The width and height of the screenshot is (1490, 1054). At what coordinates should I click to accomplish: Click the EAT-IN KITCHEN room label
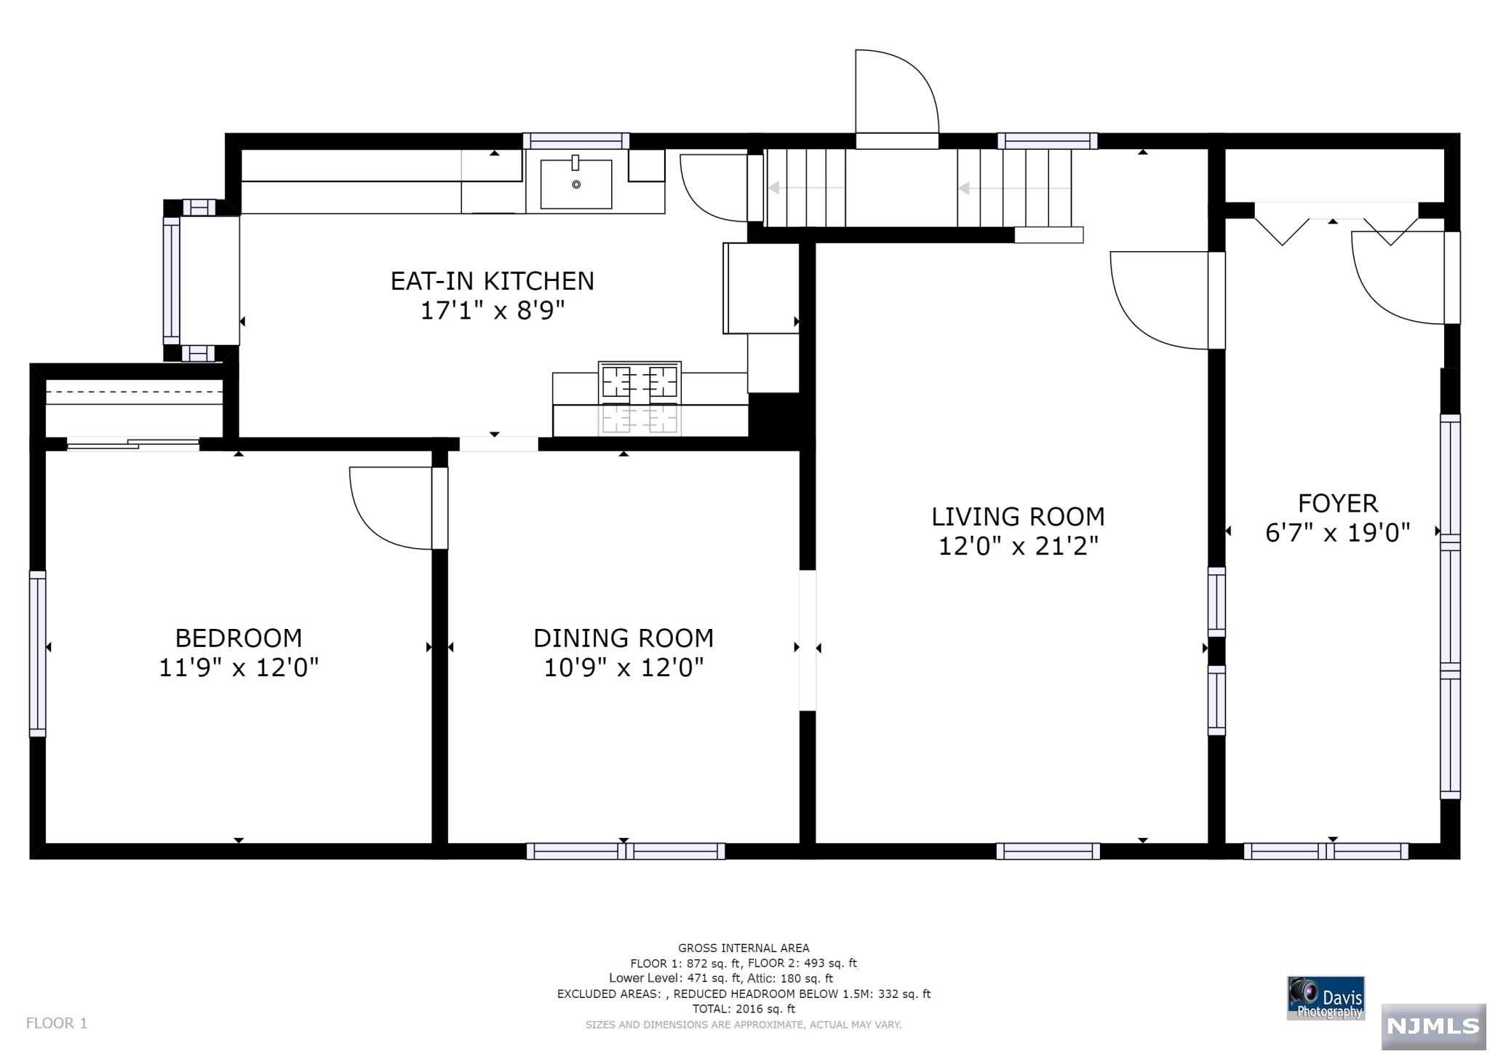pos(493,281)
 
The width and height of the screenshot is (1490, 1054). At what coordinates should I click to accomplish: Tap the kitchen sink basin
pos(575,183)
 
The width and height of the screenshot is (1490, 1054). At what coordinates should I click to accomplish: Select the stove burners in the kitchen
pos(640,382)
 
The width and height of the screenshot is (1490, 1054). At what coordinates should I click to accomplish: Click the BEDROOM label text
pos(239,638)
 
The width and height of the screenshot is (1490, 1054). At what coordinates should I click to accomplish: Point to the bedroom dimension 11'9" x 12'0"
pos(239,667)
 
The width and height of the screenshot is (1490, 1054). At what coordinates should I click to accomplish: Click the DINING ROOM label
pos(624,638)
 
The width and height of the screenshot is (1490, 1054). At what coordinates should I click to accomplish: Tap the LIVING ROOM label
pos(1018,517)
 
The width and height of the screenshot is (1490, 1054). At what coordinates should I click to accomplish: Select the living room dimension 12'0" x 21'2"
pos(1018,546)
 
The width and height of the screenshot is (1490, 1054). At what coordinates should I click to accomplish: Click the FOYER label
pos(1338,504)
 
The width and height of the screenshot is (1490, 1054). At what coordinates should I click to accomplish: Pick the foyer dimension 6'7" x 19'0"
pos(1338,533)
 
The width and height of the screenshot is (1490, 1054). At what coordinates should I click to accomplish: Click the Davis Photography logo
pos(1326,998)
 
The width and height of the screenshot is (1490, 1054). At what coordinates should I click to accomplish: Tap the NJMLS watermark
pos(1433,1026)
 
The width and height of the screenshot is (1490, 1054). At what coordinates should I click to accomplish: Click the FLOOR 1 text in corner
pos(57,1023)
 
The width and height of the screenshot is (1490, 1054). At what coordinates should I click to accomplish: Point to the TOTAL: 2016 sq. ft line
pos(744,1009)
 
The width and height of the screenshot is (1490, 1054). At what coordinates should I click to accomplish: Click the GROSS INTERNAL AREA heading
pos(744,948)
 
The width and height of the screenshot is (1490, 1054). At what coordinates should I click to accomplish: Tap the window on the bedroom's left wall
pos(38,654)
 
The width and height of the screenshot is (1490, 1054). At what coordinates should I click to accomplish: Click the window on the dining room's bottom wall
pos(626,851)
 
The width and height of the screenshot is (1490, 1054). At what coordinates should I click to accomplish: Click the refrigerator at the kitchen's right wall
pos(761,288)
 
